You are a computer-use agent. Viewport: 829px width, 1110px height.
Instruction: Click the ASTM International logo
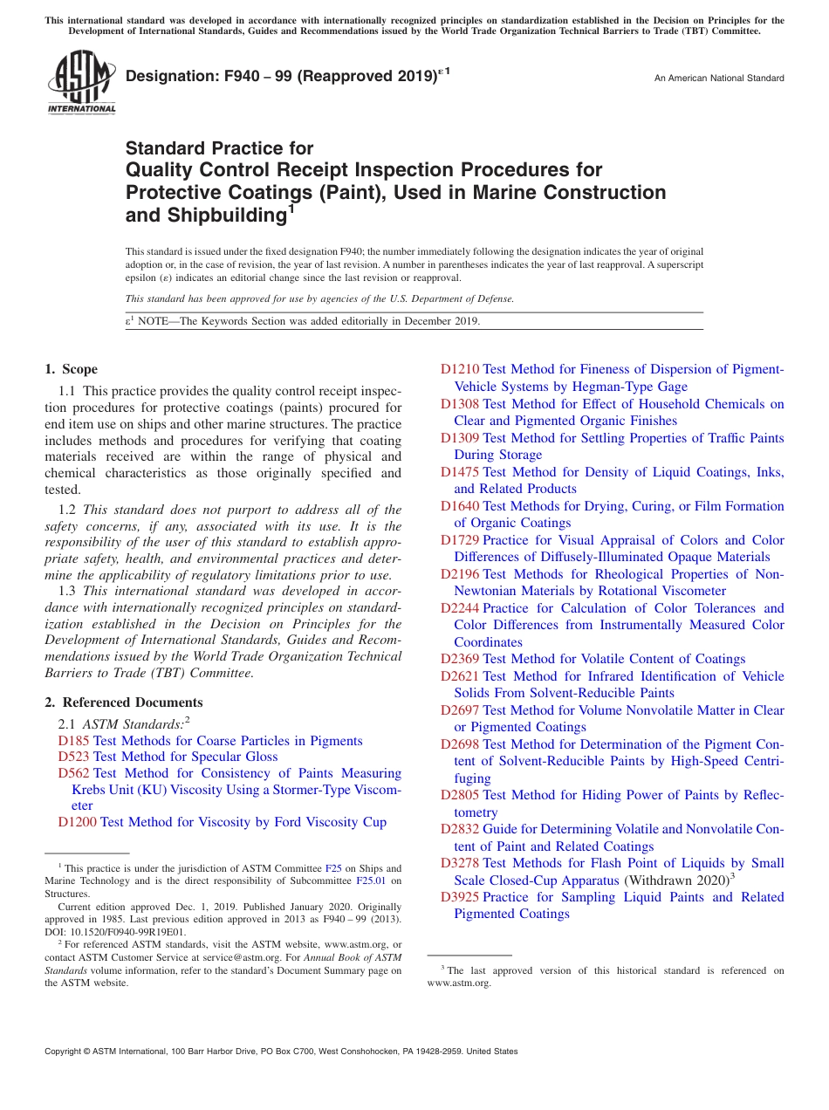[81, 82]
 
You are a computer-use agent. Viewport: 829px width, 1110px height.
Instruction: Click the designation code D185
[73, 741]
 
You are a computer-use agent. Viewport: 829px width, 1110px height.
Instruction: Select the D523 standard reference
[73, 757]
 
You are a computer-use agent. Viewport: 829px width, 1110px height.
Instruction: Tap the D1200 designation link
[77, 822]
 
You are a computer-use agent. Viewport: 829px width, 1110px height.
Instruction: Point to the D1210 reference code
[460, 369]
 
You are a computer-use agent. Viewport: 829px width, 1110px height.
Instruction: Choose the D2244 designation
[460, 608]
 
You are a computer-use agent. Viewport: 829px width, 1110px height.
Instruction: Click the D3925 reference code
[460, 897]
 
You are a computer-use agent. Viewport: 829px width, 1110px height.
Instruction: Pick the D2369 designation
[460, 659]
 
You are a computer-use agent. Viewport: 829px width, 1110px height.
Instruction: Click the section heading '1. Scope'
[72, 369]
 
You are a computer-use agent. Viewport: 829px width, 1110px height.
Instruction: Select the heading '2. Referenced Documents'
[124, 702]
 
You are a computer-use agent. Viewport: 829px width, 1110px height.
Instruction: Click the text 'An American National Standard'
[719, 79]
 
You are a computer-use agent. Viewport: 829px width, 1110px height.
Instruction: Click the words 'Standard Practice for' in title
[219, 148]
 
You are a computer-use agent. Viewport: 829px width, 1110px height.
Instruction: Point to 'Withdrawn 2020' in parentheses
[676, 880]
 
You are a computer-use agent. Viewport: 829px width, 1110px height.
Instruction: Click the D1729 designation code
[460, 540]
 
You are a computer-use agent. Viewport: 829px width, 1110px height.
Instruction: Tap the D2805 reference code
[460, 795]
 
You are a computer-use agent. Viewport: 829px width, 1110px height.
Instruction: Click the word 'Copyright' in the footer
[66, 1052]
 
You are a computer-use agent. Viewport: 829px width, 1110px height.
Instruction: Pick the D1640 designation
[460, 506]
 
